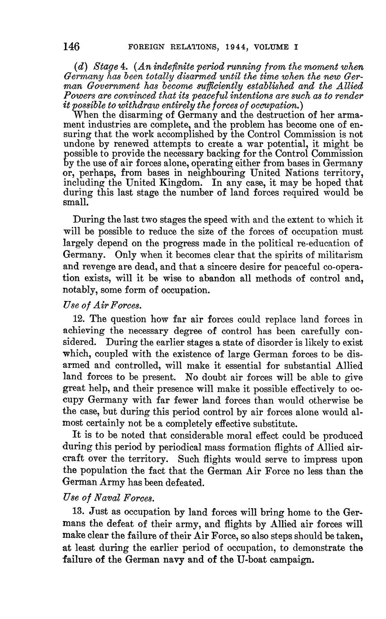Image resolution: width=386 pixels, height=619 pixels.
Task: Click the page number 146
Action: click(x=71, y=47)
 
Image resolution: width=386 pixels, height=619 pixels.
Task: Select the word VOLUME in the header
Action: click(x=272, y=47)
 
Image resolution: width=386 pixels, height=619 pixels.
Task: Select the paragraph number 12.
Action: click(x=78, y=319)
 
